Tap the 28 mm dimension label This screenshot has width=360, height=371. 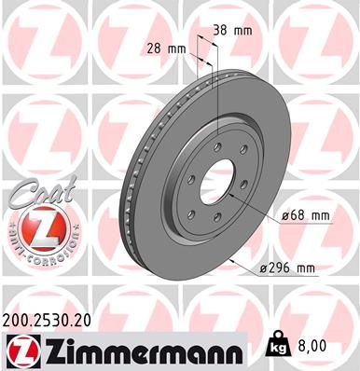[x=165, y=48]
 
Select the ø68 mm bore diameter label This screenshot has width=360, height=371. [x=307, y=216]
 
